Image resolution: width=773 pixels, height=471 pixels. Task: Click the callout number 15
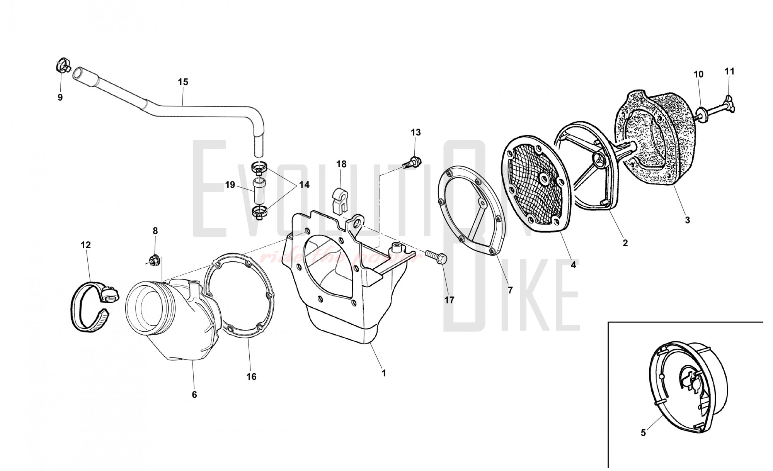point(183,82)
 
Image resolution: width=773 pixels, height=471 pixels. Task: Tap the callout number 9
point(60,98)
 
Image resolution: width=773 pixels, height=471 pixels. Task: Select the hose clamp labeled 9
point(63,66)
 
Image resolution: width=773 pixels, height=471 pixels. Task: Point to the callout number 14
point(305,185)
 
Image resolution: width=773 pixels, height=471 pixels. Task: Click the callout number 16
point(251,376)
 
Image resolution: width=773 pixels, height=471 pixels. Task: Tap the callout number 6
point(194,395)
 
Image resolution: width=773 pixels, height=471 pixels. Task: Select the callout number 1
point(384,373)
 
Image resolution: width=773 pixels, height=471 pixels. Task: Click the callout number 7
point(510,290)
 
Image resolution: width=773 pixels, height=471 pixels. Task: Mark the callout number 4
point(573,265)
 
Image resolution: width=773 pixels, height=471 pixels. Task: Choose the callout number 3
point(687,220)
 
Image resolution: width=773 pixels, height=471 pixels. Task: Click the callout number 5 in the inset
point(643,433)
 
